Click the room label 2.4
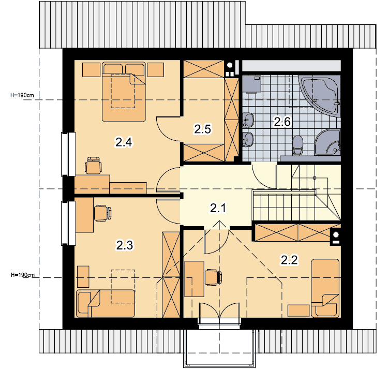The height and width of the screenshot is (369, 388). click(x=124, y=142)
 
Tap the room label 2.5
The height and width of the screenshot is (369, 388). click(x=202, y=129)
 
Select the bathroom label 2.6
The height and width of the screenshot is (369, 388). click(x=282, y=122)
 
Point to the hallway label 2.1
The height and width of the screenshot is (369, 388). click(x=218, y=208)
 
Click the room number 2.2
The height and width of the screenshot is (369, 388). click(x=289, y=260)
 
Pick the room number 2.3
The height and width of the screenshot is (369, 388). click(x=125, y=245)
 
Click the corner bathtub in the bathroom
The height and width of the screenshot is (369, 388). click(x=320, y=95)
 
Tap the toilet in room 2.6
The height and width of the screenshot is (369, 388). click(x=297, y=145)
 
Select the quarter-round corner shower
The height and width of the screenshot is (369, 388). click(x=328, y=142)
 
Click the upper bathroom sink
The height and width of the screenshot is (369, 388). click(x=248, y=120)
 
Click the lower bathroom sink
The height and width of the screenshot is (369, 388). click(x=248, y=140)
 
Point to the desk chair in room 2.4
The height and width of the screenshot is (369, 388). click(x=93, y=165)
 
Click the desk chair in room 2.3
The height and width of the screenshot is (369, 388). click(x=103, y=213)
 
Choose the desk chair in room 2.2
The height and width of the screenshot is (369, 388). click(x=213, y=277)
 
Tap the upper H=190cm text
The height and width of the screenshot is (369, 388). click(x=22, y=95)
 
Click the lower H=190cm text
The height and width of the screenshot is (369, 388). click(x=23, y=275)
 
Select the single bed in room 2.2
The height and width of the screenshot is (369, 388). click(x=325, y=288)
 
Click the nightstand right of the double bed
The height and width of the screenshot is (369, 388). click(x=155, y=69)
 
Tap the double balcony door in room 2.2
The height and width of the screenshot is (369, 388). click(x=219, y=313)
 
